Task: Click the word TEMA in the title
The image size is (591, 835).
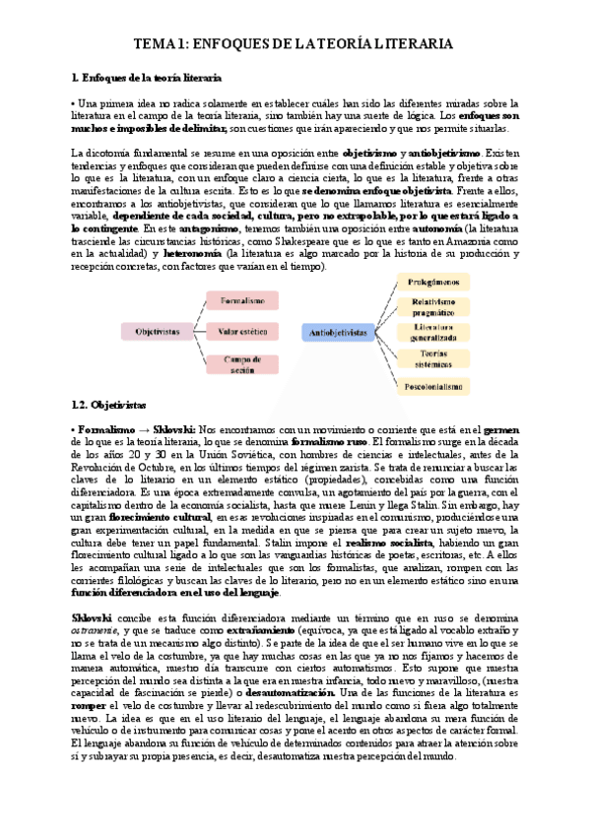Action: click(156, 44)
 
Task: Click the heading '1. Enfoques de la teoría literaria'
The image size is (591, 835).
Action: click(146, 77)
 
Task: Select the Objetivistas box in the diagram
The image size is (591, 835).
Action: click(158, 333)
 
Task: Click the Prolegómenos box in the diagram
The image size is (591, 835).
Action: click(434, 283)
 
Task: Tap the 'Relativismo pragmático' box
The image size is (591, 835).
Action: click(434, 308)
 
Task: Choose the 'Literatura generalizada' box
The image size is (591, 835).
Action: click(434, 334)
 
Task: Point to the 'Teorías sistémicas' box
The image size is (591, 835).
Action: click(434, 359)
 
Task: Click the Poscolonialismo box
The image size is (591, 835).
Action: click(434, 387)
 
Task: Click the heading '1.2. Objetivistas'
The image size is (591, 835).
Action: click(108, 405)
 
